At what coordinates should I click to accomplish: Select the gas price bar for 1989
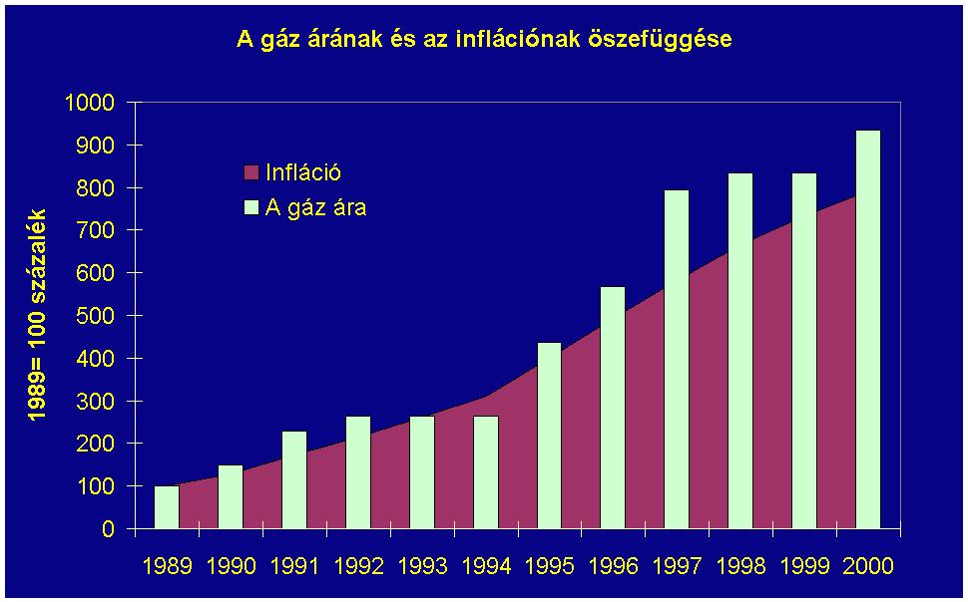tap(167, 507)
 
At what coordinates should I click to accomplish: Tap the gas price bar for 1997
tap(677, 359)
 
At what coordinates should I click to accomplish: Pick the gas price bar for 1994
tap(486, 471)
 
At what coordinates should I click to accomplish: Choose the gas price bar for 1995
tap(550, 436)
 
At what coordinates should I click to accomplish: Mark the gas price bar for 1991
tap(294, 479)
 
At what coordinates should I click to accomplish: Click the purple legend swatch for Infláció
tap(251, 173)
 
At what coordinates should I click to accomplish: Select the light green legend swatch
tap(251, 208)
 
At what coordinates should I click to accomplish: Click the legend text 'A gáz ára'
tap(315, 208)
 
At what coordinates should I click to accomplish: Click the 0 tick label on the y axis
tap(109, 529)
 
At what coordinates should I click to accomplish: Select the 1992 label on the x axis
tap(358, 566)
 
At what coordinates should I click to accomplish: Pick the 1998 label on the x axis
tap(741, 566)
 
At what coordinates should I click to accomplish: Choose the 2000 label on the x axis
tap(868, 566)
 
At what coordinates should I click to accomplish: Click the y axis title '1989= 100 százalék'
tap(38, 315)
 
